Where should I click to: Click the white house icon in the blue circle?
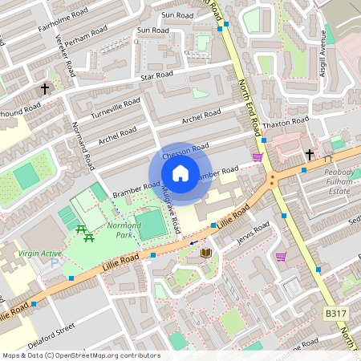180,173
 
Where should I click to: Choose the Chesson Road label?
185,150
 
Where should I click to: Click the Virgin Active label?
40,254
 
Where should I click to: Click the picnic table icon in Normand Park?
82,233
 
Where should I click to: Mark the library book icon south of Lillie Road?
205,253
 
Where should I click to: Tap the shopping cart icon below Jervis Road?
281,257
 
